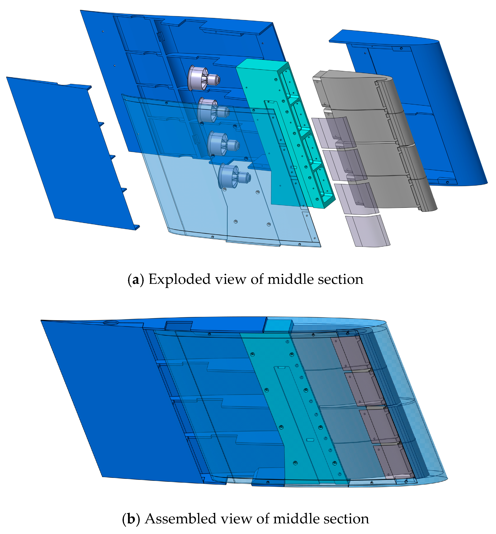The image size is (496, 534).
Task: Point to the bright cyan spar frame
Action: pos(286,134)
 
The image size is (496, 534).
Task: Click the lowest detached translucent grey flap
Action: pos(368,231)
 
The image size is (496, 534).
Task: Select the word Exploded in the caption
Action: pos(180,280)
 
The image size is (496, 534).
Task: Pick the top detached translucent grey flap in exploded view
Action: pos(333,132)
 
